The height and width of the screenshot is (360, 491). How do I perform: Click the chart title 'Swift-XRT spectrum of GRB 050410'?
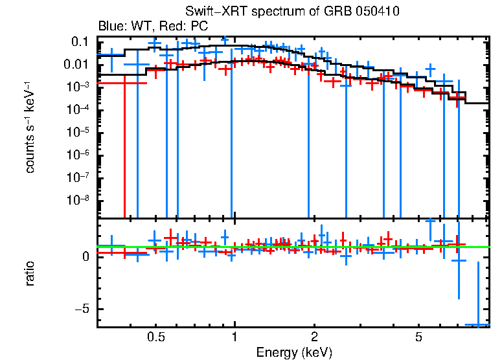point(292,12)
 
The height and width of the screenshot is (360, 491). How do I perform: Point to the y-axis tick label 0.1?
point(80,42)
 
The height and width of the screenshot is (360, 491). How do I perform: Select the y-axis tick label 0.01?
point(76,65)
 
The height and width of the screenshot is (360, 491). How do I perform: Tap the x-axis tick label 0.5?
point(155,337)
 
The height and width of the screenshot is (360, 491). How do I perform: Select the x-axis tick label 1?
point(234,337)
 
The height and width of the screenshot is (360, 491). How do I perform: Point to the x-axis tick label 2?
point(314,337)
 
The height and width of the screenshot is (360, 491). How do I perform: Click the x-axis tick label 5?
point(418,337)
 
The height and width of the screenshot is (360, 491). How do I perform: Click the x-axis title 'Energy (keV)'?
point(294,352)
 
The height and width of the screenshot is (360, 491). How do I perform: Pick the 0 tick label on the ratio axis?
point(85,257)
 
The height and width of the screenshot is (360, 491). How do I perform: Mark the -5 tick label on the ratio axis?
point(82,309)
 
